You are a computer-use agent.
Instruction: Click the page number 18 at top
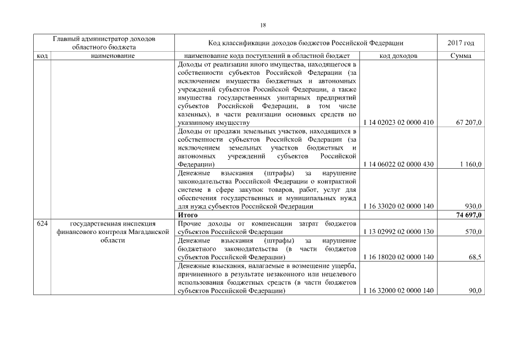263,25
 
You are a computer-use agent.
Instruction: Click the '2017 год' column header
461,43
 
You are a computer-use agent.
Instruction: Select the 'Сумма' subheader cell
461,56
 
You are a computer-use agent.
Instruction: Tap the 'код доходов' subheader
399,56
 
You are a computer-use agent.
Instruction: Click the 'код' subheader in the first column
42,56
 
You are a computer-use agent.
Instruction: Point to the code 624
42,223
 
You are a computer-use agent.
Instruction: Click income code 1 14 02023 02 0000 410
399,122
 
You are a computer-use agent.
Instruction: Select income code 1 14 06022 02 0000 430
399,164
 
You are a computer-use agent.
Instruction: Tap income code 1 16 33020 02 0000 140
399,206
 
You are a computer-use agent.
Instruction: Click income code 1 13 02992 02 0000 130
399,232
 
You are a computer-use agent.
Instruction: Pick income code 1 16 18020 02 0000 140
399,257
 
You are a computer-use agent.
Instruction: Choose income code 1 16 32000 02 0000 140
399,291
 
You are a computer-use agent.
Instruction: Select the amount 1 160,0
471,164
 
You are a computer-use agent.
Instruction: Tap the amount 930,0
474,206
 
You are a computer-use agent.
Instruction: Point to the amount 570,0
474,232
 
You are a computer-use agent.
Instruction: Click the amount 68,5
475,257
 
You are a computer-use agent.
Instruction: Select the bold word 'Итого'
187,215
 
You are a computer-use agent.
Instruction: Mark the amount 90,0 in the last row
475,291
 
